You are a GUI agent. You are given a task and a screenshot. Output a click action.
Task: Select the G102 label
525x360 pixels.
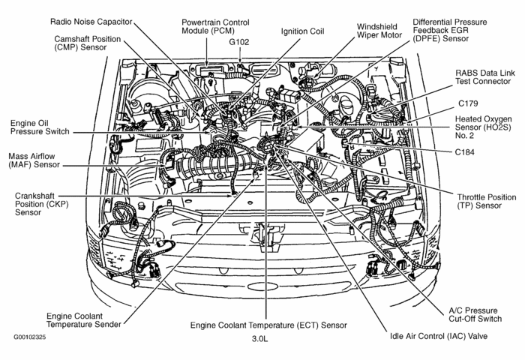[238, 42]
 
